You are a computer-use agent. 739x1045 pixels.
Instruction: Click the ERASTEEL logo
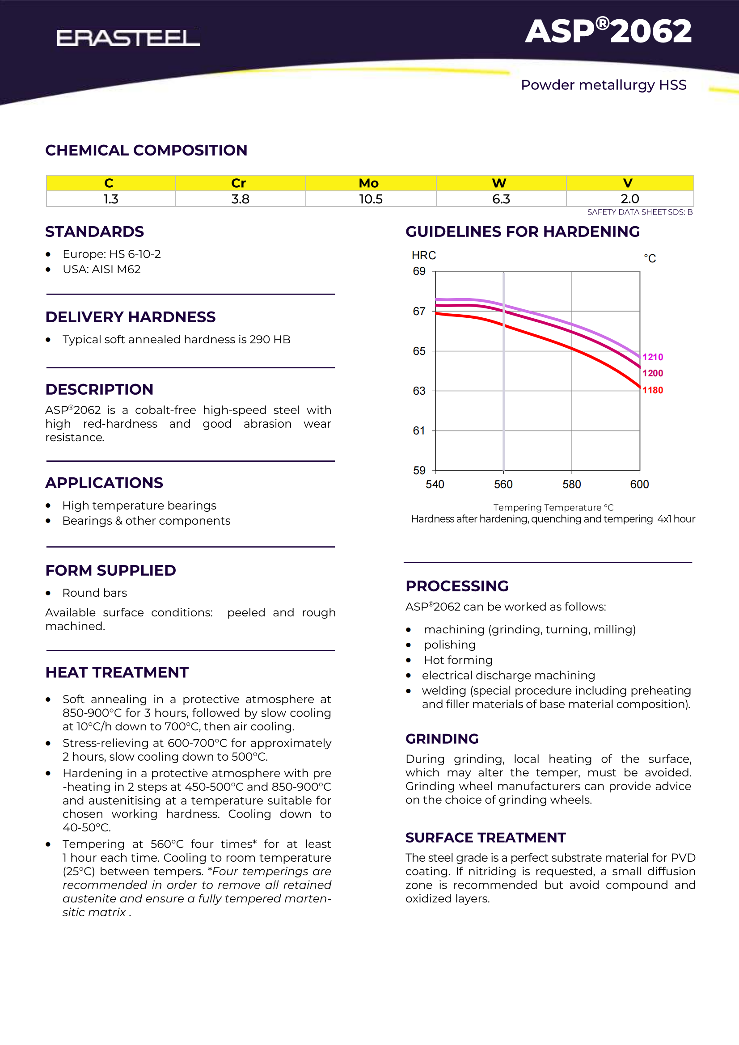point(128,38)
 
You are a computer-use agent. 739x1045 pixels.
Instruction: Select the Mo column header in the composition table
point(368,183)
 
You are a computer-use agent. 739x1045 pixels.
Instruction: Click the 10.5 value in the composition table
point(371,199)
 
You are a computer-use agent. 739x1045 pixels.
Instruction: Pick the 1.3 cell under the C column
point(110,199)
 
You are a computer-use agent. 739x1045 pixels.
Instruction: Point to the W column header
point(499,183)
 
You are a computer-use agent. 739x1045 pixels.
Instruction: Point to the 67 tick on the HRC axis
point(419,312)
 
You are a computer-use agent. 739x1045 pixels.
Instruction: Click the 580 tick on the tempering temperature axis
point(571,484)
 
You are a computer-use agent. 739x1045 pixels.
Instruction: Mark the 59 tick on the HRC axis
point(419,470)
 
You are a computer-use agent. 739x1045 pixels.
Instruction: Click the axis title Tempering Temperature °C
point(553,507)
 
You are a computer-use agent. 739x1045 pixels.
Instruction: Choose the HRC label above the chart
point(423,255)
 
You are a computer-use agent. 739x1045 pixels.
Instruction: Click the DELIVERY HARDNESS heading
point(130,317)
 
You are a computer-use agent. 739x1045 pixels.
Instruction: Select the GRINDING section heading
point(442,739)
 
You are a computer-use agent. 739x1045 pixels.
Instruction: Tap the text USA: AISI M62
point(101,270)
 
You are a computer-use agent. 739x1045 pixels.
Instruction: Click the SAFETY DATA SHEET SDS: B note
point(640,212)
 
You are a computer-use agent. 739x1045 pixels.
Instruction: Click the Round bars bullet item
point(95,593)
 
